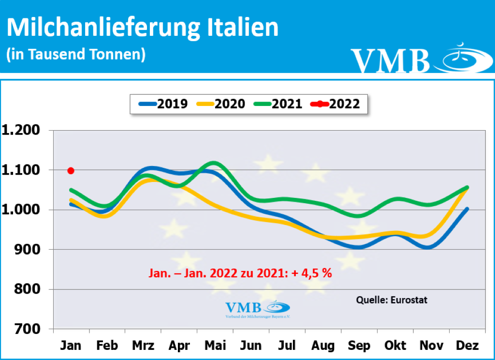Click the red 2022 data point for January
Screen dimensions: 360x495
pyautogui.click(x=71, y=170)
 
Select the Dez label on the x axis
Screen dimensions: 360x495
pyautogui.click(x=467, y=345)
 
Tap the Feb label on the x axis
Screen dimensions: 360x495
pyautogui.click(x=107, y=345)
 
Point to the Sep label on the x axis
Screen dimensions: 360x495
pyautogui.click(x=359, y=345)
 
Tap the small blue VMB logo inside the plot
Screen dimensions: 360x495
pyautogui.click(x=258, y=308)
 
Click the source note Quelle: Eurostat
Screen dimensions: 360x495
pyautogui.click(x=392, y=300)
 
